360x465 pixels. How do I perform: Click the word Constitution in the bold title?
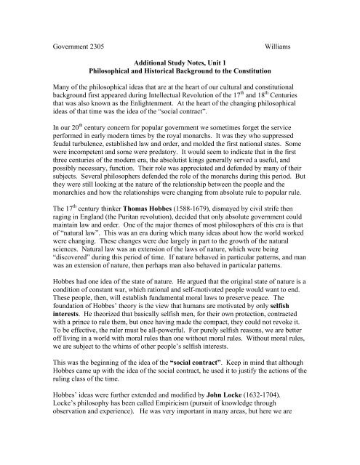click(280, 74)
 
